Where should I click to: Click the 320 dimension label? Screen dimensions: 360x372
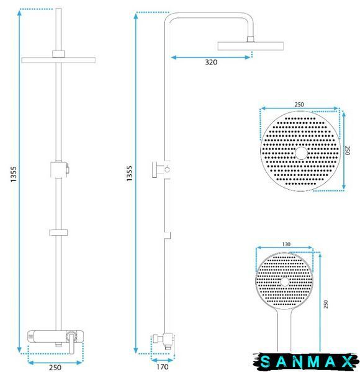(x=211, y=62)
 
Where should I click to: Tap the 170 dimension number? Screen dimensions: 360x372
(x=163, y=366)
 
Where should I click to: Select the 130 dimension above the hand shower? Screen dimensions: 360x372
(x=286, y=244)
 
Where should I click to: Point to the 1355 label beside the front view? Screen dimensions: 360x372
(x=14, y=174)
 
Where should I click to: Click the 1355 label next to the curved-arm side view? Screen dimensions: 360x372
(x=130, y=174)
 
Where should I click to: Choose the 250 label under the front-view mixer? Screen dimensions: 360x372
(x=55, y=368)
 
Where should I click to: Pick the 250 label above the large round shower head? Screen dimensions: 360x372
(x=299, y=104)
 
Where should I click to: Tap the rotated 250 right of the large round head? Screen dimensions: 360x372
(x=348, y=151)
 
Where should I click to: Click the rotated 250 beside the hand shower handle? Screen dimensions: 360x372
(x=326, y=304)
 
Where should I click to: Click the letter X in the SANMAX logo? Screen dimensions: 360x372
(x=348, y=362)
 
